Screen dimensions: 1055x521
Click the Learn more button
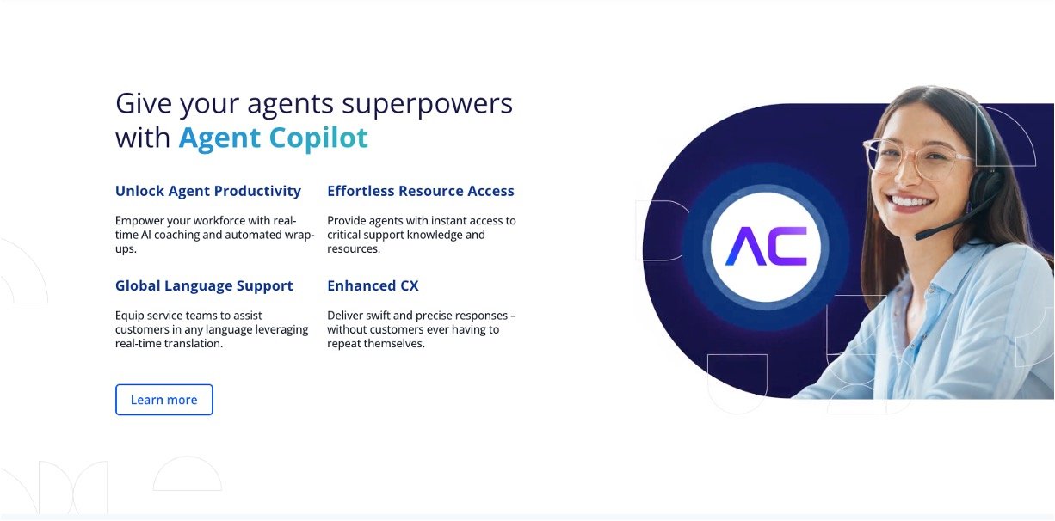pos(163,400)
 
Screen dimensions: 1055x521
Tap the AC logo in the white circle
pos(766,246)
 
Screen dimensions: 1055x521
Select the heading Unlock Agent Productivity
pos(207,191)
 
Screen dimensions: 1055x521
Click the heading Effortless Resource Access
pos(421,191)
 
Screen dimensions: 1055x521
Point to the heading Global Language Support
pos(204,285)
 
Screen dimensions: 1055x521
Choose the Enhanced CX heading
pos(373,285)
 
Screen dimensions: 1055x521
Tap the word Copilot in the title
pos(318,138)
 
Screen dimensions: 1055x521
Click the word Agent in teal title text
pos(219,138)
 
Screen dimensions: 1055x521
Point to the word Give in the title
pos(144,103)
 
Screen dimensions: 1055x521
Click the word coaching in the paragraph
pos(177,236)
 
